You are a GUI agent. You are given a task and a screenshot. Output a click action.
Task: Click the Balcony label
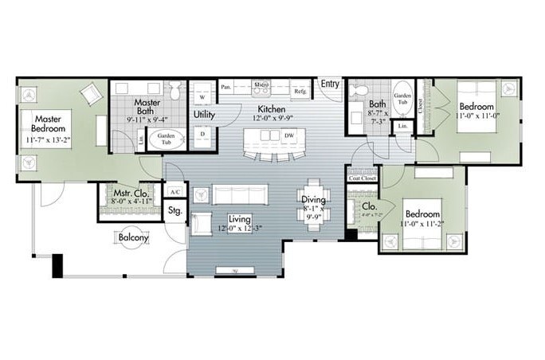coord(133,237)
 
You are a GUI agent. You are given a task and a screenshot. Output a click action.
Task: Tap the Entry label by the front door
coord(330,83)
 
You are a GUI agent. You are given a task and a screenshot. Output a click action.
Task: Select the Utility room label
coord(205,114)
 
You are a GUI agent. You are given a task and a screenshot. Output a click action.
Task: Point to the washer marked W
coord(202,97)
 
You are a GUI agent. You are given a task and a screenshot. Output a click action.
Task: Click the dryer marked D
coord(202,133)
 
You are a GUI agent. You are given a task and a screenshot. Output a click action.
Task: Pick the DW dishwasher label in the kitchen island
coord(288,135)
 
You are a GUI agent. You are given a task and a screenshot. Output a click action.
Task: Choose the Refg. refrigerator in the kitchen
coord(300,91)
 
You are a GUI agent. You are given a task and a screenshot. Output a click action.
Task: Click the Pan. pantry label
coord(226,87)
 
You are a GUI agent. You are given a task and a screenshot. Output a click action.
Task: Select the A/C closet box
coord(174,191)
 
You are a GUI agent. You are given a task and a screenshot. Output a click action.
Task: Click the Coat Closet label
coord(362,178)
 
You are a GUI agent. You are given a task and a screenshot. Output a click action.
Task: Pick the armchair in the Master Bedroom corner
coord(89,94)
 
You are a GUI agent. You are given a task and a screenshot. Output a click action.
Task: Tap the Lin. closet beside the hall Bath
coord(402,126)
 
